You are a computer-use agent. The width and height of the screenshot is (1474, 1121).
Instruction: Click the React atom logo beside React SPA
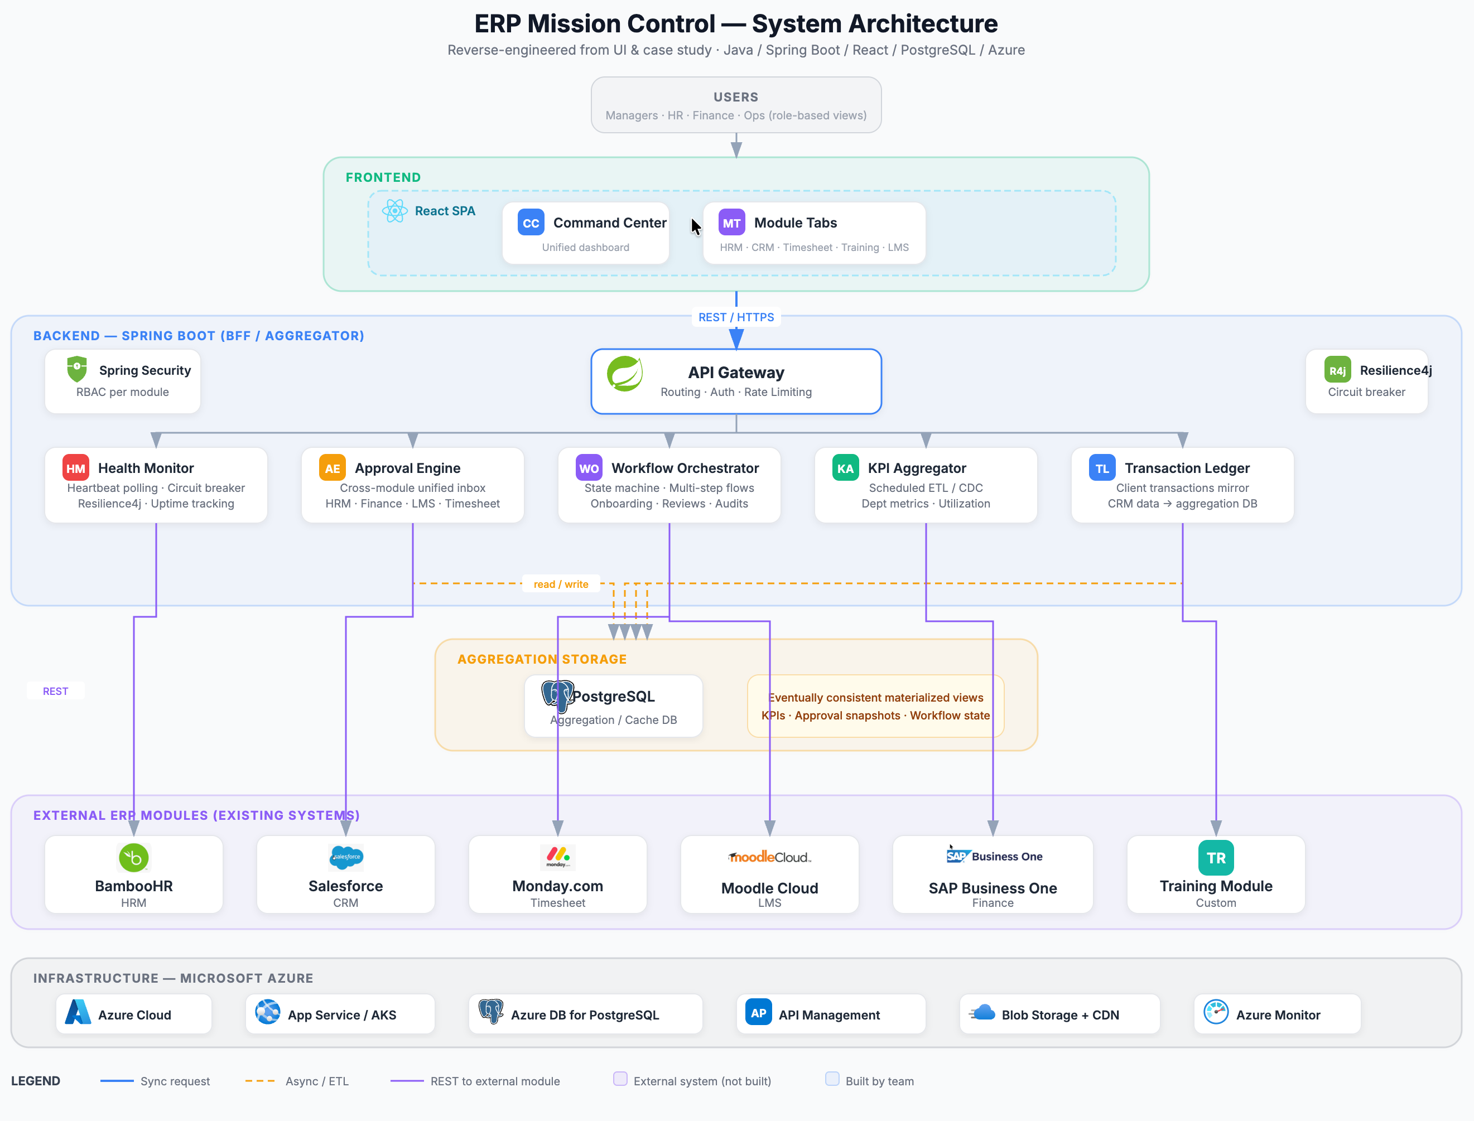pos(394,211)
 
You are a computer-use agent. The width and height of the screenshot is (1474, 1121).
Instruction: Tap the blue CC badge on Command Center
pos(531,223)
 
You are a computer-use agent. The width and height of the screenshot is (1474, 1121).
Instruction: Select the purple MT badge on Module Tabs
pos(731,223)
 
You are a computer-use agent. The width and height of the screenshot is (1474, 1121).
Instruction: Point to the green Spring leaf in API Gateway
pos(625,374)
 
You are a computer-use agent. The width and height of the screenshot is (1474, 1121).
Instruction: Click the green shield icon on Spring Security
pos(77,369)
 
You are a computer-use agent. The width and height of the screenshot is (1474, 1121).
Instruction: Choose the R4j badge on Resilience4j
pos(1337,370)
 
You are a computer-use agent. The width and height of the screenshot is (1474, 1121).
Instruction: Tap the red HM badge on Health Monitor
pos(75,468)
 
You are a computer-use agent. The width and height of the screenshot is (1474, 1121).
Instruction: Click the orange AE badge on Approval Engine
pos(332,468)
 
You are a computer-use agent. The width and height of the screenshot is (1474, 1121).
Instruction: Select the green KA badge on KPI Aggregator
pos(845,468)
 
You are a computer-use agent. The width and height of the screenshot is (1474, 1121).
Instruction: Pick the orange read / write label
pos(561,584)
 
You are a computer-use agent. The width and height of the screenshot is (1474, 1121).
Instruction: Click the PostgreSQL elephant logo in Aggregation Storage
pos(557,696)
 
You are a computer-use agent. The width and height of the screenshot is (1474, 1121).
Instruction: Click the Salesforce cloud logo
pos(346,857)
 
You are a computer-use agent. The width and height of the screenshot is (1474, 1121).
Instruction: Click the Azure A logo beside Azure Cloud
pos(78,1013)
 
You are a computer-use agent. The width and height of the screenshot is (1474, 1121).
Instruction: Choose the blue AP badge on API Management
pos(758,1013)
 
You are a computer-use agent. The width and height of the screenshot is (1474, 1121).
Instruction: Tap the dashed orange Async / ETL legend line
pos(261,1081)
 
